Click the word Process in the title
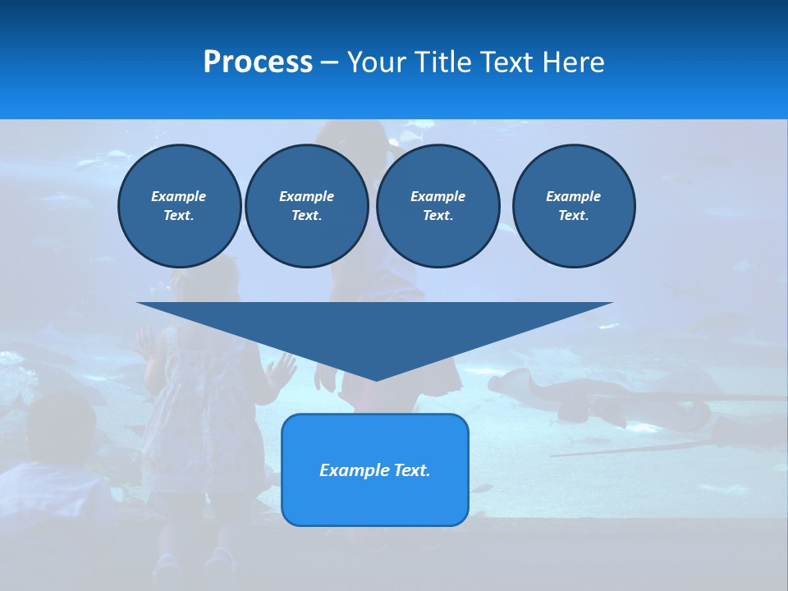click(258, 62)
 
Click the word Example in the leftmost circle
click(179, 196)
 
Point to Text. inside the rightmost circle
click(574, 215)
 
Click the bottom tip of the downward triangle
click(376, 378)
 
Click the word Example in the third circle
click(438, 196)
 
